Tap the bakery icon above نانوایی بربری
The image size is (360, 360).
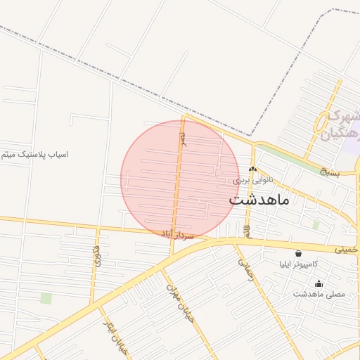click(x=252, y=169)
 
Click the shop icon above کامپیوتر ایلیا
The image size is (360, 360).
click(x=298, y=253)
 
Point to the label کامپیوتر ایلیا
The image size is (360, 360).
click(x=297, y=264)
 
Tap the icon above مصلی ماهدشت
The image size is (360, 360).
click(x=319, y=284)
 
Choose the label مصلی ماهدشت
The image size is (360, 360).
click(x=319, y=294)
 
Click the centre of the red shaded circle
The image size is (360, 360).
click(x=180, y=179)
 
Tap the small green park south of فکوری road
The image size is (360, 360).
click(x=46, y=298)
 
